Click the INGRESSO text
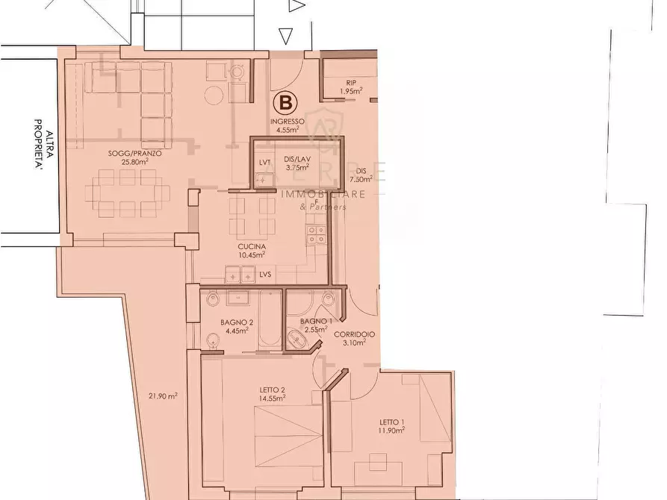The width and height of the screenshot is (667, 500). (x=287, y=121)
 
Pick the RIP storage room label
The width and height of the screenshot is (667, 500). (x=350, y=83)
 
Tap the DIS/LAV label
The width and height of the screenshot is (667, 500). (x=297, y=159)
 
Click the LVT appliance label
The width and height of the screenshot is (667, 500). (x=264, y=162)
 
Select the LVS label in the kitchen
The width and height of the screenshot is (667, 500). (x=265, y=275)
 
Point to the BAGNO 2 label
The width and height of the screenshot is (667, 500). (x=238, y=322)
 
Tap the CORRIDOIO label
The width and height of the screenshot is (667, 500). (x=349, y=334)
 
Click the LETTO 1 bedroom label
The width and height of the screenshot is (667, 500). (x=391, y=422)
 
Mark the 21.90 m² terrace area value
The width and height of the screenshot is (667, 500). (x=163, y=396)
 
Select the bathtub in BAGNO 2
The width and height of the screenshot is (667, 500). (x=270, y=321)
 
